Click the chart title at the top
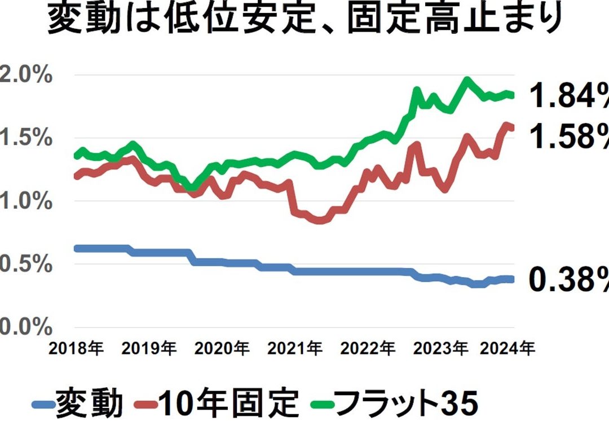point(305,18)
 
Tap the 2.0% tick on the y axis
point(25,74)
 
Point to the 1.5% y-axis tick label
point(25,138)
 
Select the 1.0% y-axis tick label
point(25,201)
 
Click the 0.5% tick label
point(25,264)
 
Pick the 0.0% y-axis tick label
point(25,327)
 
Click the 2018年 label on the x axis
point(76,348)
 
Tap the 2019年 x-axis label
point(149,348)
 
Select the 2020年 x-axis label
point(222,348)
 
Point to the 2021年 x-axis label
point(295,348)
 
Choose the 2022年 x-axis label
point(368,348)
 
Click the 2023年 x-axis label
point(440,348)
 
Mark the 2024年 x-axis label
point(507,348)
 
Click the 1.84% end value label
point(569,95)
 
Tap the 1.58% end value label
point(569,136)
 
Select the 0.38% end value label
point(569,280)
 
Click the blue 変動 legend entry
point(78,403)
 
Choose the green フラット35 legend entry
point(395,403)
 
